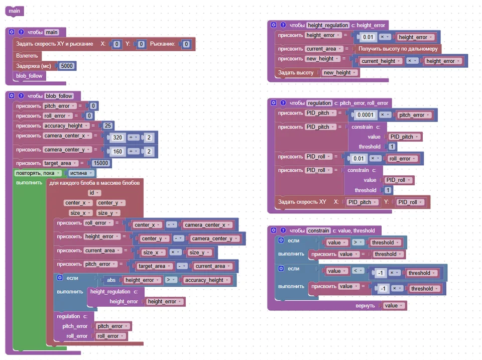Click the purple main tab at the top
point(15,11)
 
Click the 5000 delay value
point(67,66)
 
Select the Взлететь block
point(27,56)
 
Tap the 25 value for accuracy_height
point(107,126)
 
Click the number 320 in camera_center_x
point(117,138)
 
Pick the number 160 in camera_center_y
point(117,151)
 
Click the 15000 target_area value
point(101,163)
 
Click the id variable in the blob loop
point(94,193)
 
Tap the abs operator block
point(111,280)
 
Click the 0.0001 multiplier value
point(365,115)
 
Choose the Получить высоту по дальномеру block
point(398,49)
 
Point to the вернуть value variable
point(394,306)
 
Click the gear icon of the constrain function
point(274,230)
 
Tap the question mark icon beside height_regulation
point(283,25)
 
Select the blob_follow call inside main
point(29,76)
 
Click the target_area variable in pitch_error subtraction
point(154,266)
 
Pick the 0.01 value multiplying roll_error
point(358,159)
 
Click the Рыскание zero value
point(186,44)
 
